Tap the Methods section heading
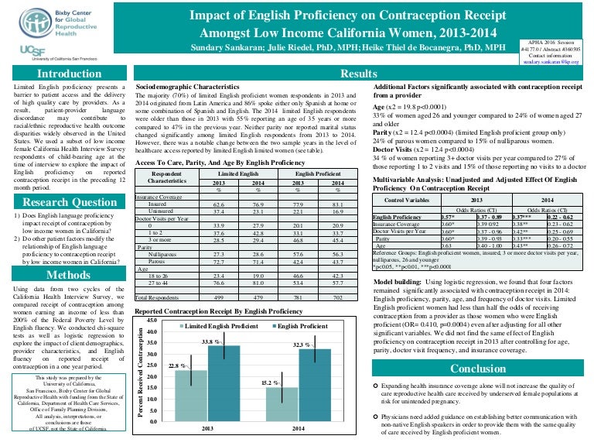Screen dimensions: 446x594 (x=64, y=274)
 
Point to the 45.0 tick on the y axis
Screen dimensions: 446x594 (x=152, y=321)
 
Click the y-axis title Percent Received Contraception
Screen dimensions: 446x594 (x=140, y=370)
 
